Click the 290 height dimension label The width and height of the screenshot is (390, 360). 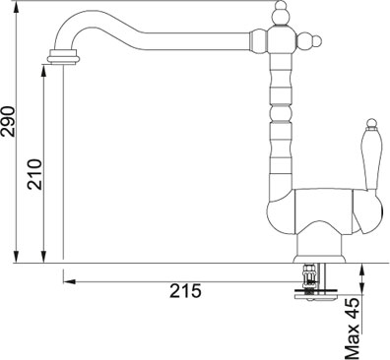(8, 121)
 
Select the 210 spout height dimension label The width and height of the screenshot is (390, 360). (34, 174)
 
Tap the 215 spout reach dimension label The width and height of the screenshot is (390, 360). (185, 291)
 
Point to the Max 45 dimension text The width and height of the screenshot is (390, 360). (353, 329)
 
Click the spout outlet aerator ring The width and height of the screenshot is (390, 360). (64, 56)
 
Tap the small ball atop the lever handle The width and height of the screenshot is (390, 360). (371, 122)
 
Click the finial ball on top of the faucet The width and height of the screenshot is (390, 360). (280, 6)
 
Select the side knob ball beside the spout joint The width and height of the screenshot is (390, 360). (316, 41)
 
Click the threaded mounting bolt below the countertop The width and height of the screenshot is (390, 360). (309, 278)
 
